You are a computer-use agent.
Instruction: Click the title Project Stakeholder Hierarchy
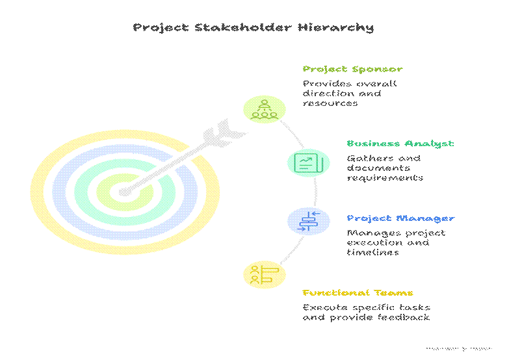253,27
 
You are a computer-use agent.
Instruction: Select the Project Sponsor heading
352,69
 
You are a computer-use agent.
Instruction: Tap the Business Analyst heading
400,144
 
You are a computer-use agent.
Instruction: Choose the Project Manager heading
400,218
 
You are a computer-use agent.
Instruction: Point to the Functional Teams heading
357,293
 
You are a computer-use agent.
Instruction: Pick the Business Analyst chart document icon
304,162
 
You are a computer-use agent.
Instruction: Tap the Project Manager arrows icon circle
304,220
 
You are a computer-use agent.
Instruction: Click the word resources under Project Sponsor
330,103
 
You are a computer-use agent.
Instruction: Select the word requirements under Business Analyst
385,178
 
